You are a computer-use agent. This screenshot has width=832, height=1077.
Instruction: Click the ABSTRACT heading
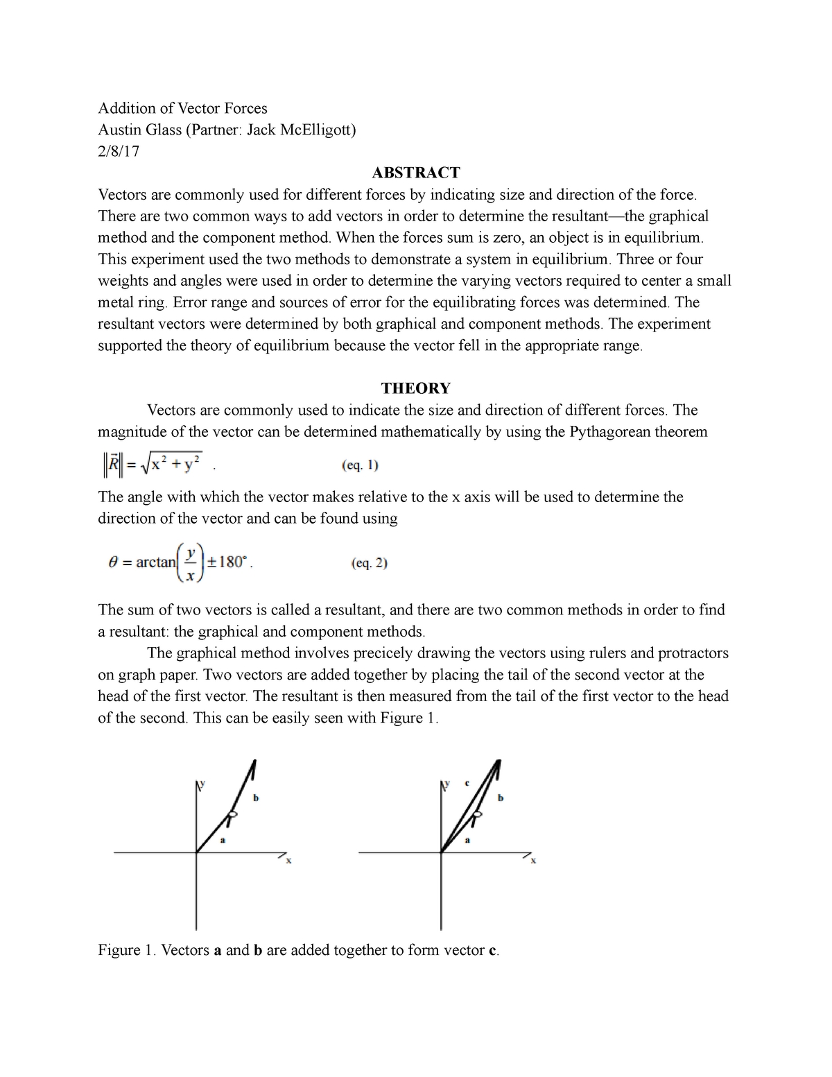[x=415, y=173]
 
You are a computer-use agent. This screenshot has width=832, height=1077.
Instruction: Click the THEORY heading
[x=415, y=388]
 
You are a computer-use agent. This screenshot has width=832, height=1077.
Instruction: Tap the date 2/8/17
[x=119, y=151]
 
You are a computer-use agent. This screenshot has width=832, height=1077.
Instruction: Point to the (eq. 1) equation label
[x=360, y=466]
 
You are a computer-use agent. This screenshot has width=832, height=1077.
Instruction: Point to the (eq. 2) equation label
[x=370, y=563]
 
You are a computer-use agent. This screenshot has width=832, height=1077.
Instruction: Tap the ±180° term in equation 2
[x=233, y=562]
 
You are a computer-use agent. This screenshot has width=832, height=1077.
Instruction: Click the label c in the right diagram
[x=467, y=783]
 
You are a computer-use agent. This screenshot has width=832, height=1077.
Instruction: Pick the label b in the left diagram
[x=256, y=798]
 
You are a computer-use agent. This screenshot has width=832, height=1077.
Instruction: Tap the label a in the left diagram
[x=223, y=841]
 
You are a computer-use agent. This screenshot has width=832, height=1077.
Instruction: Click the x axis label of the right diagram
[x=534, y=861]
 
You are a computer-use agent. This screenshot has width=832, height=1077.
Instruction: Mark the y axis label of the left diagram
[x=203, y=782]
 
